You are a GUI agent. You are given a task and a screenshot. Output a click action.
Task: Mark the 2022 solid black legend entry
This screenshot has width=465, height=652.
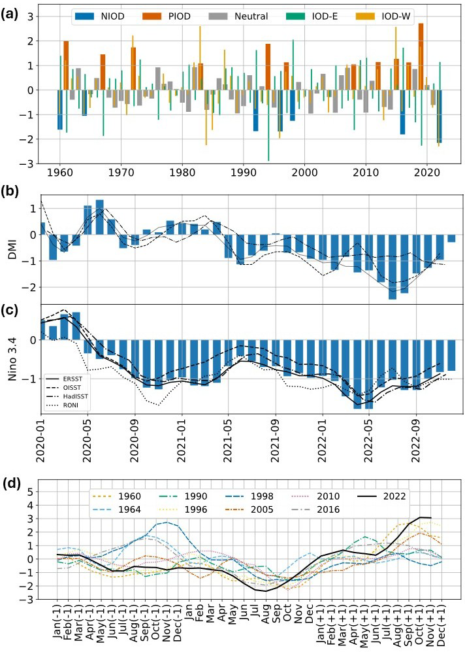394,496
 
